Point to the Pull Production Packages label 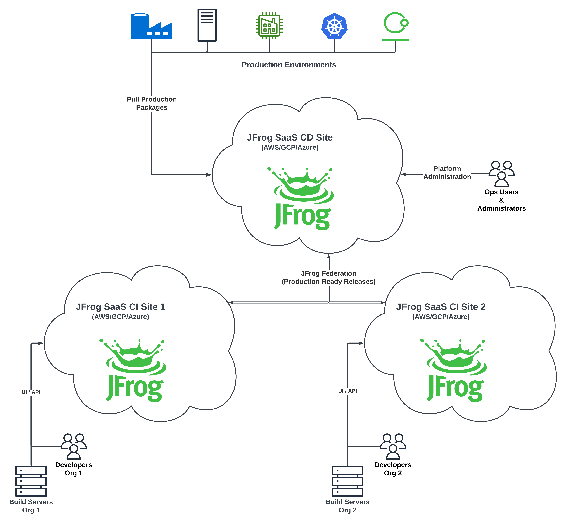pyautogui.click(x=152, y=103)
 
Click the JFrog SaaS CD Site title pyautogui.click(x=290, y=138)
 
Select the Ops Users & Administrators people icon pyautogui.click(x=501, y=173)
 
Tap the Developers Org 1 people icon pyautogui.click(x=74, y=446)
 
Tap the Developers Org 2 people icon pyautogui.click(x=393, y=446)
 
